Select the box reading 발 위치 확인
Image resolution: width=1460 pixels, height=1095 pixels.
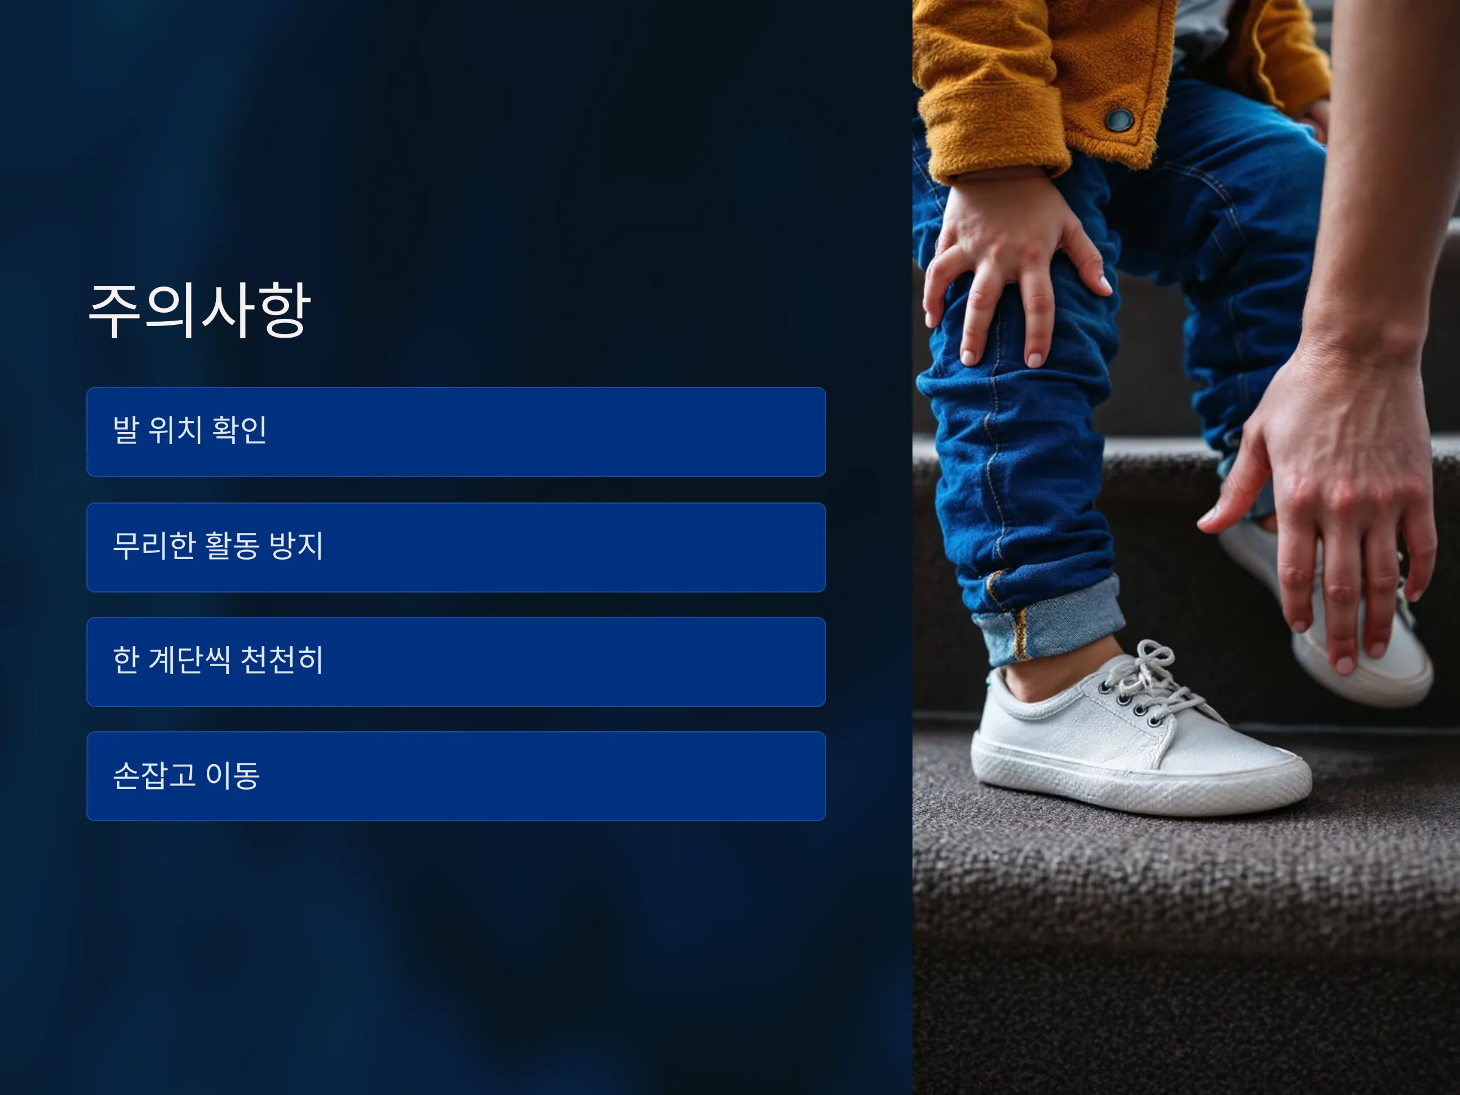tap(456, 432)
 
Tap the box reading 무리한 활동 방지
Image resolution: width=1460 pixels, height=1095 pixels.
tap(456, 547)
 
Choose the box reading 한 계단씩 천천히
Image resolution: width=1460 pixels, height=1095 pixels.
tap(456, 661)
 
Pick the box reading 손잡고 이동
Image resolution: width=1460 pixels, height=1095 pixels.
tap(456, 776)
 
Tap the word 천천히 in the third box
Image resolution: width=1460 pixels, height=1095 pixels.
tap(282, 660)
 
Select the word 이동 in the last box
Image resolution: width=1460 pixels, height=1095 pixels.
tap(232, 776)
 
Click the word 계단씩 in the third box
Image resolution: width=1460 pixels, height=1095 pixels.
tap(189, 660)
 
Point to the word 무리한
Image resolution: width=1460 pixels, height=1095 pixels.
tap(154, 546)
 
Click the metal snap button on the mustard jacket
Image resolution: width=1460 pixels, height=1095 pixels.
tap(1120, 120)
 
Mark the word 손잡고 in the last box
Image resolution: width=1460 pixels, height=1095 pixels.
tap(154, 776)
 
